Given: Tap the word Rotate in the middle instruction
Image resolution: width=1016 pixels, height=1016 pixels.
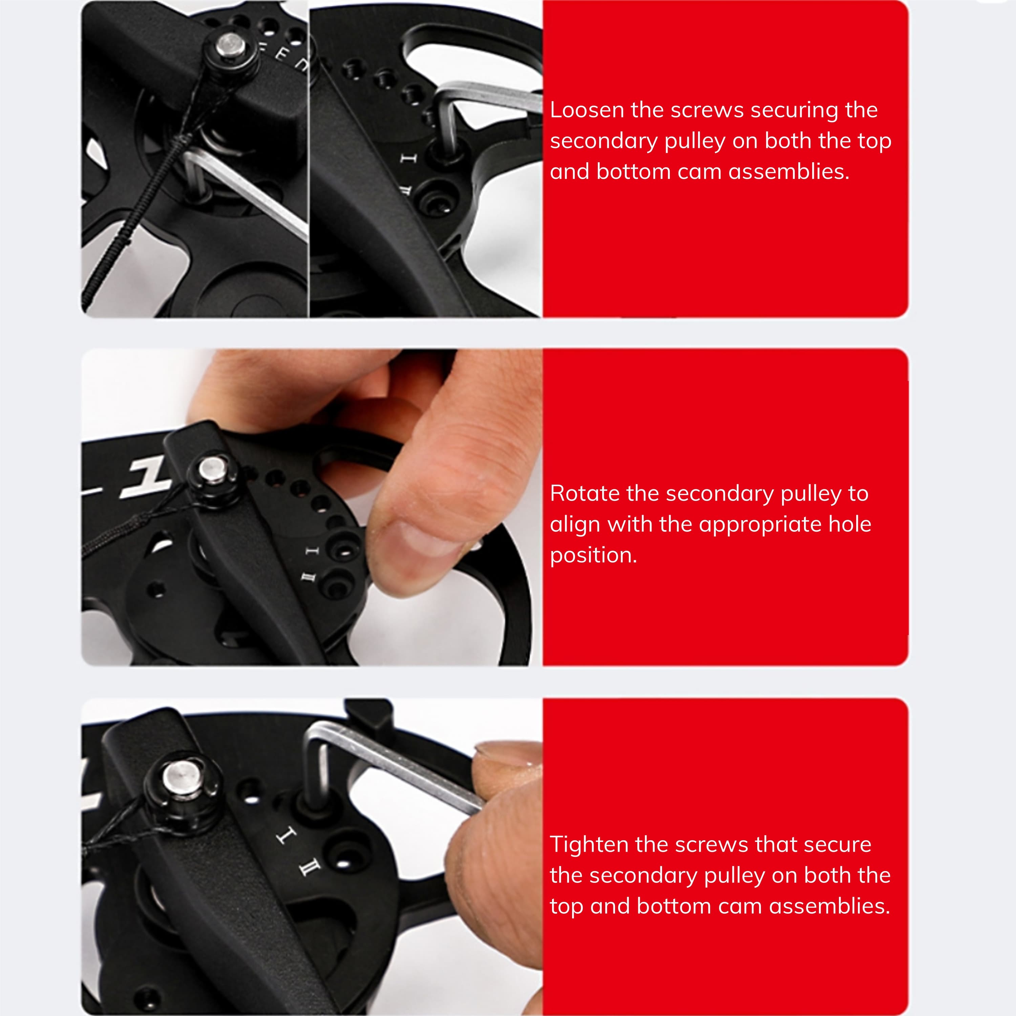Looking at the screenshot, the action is (584, 493).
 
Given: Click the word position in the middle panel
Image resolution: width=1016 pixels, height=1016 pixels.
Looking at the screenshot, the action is (593, 556).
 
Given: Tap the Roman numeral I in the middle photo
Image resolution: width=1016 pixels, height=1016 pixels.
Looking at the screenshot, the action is (312, 551).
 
